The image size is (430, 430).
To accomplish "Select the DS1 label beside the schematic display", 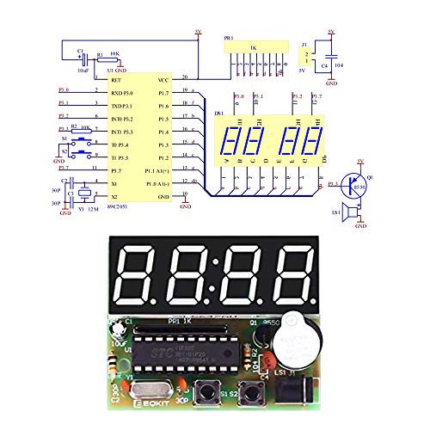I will tap(218, 113).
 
